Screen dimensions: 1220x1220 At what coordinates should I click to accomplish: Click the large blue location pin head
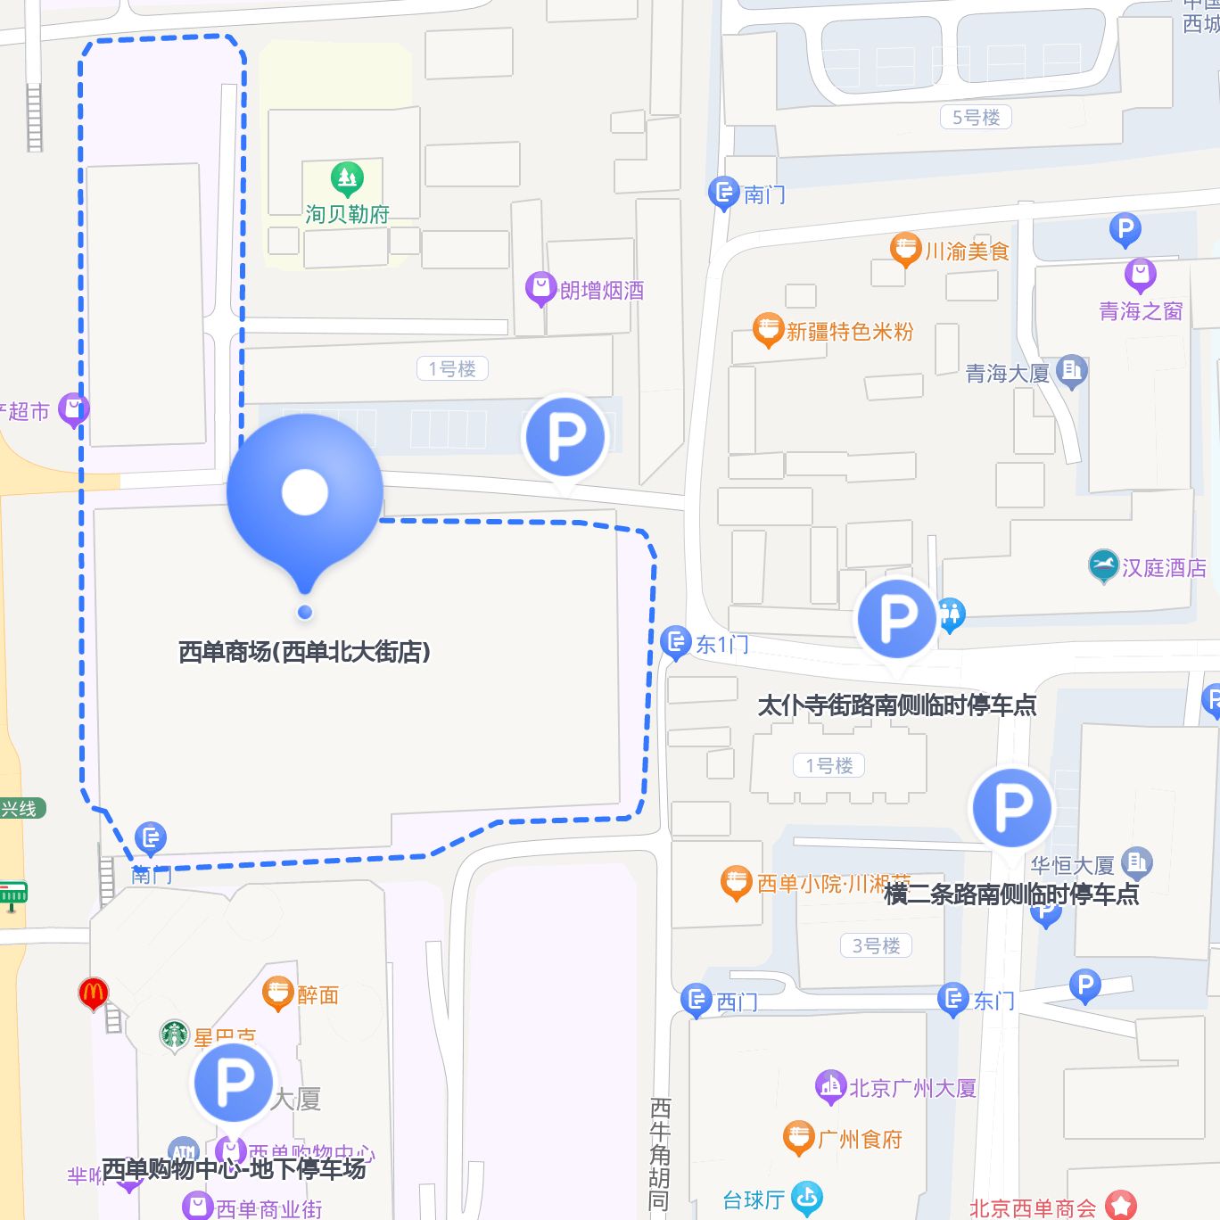(x=305, y=491)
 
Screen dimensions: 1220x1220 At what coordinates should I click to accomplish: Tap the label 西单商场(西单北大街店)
(x=304, y=652)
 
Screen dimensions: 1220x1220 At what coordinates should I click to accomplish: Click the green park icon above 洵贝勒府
(x=347, y=179)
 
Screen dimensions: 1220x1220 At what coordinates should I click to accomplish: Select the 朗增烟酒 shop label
(x=601, y=291)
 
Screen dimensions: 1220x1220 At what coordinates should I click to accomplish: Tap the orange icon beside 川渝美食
(x=904, y=249)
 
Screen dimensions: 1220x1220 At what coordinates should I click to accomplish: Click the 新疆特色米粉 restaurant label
(x=849, y=332)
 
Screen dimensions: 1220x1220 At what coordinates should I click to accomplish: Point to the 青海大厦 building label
(x=1007, y=374)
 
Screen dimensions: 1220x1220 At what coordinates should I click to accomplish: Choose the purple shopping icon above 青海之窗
(x=1140, y=274)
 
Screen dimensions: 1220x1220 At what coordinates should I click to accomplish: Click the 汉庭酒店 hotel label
(x=1163, y=568)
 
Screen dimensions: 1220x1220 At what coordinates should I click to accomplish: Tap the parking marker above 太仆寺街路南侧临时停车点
(x=896, y=618)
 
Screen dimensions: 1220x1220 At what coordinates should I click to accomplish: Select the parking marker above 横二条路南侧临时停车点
(x=1011, y=807)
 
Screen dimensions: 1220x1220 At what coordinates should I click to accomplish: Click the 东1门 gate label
(x=721, y=644)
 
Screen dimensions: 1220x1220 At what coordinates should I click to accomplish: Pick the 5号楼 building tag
(x=976, y=117)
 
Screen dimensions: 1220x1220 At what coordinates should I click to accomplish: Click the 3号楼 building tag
(x=876, y=945)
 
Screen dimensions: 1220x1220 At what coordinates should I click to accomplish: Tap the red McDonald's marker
(x=93, y=993)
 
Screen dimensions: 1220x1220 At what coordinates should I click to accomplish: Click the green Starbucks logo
(x=174, y=1035)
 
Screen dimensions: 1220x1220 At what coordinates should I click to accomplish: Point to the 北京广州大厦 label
(x=911, y=1088)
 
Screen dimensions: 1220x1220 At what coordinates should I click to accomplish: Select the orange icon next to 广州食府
(x=797, y=1138)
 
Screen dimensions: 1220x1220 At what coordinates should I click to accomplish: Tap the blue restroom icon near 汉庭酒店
(x=952, y=614)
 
